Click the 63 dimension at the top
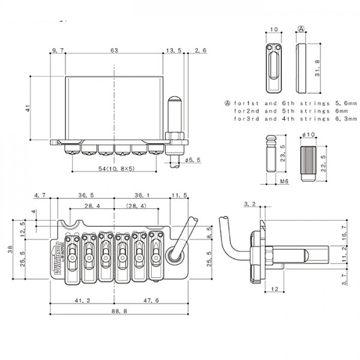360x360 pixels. tap(114, 50)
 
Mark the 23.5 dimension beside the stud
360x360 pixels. tap(284, 155)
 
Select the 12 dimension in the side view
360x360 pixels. tap(274, 290)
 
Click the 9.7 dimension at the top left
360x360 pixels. tap(58, 50)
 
